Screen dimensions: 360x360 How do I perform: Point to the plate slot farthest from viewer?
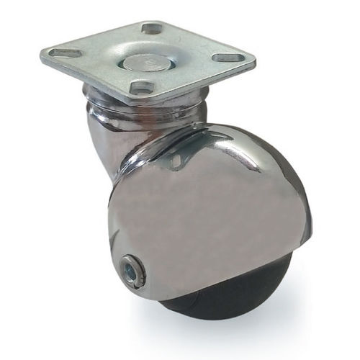152,29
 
